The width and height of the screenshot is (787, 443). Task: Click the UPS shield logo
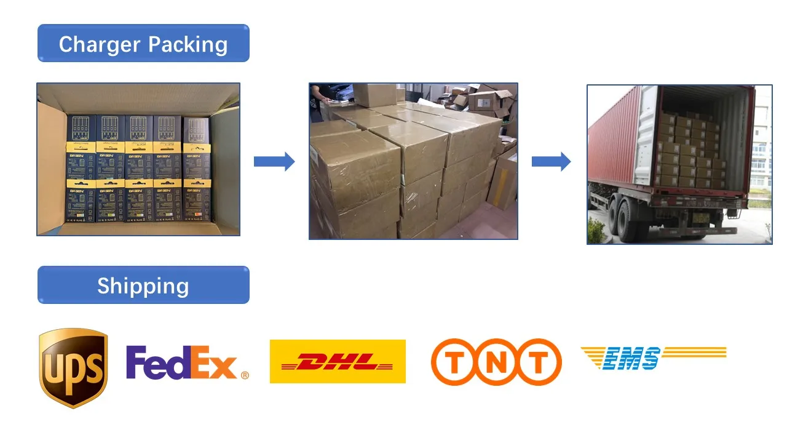[x=73, y=367]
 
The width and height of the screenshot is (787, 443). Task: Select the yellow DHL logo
[x=338, y=361]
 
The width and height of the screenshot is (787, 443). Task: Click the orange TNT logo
[x=496, y=362]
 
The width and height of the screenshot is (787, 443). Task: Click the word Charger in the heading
[x=99, y=44]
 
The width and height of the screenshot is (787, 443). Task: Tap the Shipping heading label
[x=143, y=286]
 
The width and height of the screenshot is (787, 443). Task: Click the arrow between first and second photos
[x=274, y=162]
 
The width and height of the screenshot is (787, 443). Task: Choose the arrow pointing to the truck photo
[x=551, y=162]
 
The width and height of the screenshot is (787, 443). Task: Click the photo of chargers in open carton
[x=138, y=159]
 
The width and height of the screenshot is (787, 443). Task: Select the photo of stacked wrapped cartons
[x=413, y=161]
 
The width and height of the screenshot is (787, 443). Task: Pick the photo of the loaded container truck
[x=679, y=164]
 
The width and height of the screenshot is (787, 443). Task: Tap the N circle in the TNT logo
[x=496, y=362]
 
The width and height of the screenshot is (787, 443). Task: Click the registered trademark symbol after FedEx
[x=245, y=374]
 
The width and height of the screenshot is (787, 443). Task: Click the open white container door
[x=646, y=135]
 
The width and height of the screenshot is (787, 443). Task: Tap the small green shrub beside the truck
[x=596, y=231]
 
